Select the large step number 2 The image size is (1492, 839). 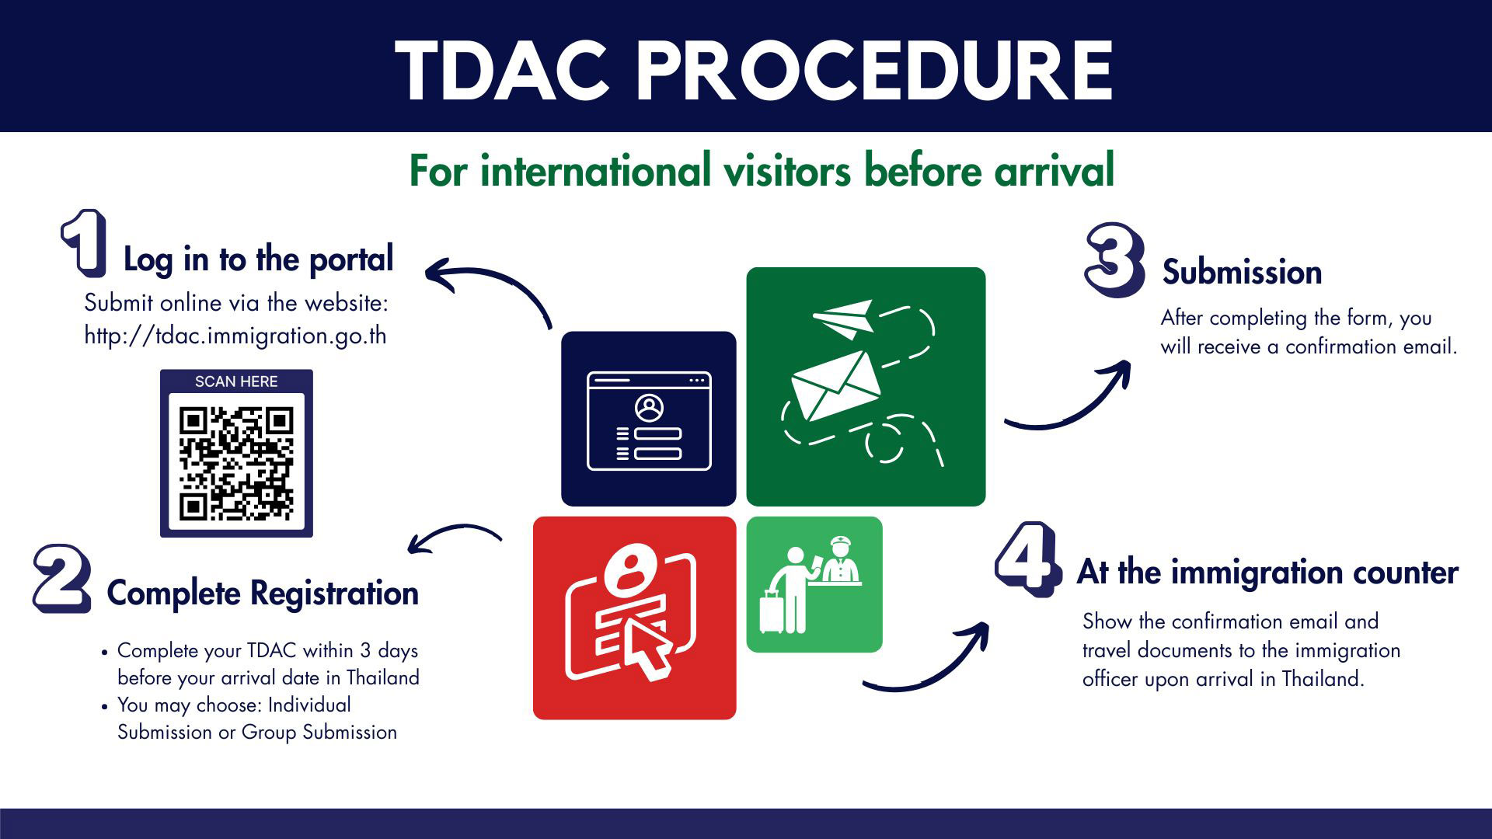tap(62, 579)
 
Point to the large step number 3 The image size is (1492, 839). tap(1114, 259)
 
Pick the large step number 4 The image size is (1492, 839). tap(1027, 559)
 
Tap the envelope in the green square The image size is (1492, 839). tap(835, 384)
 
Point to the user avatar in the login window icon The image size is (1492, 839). tap(649, 407)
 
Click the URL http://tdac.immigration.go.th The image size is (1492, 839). tap(235, 336)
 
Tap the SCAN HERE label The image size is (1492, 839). tap(236, 381)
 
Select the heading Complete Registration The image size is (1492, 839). tap(263, 594)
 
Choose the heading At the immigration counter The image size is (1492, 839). tap(1267, 573)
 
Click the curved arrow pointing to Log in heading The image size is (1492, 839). tap(486, 287)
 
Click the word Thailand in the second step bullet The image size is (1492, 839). tap(383, 677)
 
